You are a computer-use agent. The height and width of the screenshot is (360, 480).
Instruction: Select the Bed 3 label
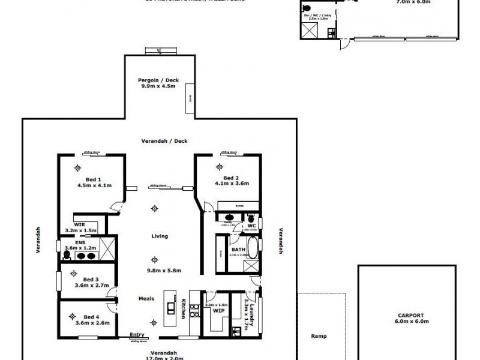pos(91,279)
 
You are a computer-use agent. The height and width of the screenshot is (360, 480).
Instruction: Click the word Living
pos(159,236)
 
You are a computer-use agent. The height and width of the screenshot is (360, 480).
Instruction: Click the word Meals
pos(146,298)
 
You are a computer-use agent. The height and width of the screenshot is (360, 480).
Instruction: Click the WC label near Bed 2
pos(251,226)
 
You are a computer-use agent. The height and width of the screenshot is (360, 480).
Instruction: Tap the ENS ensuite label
pos(70,242)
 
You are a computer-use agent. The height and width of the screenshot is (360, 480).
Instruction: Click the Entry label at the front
pos(137,335)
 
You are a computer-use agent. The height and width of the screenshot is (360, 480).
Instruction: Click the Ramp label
pos(317,337)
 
